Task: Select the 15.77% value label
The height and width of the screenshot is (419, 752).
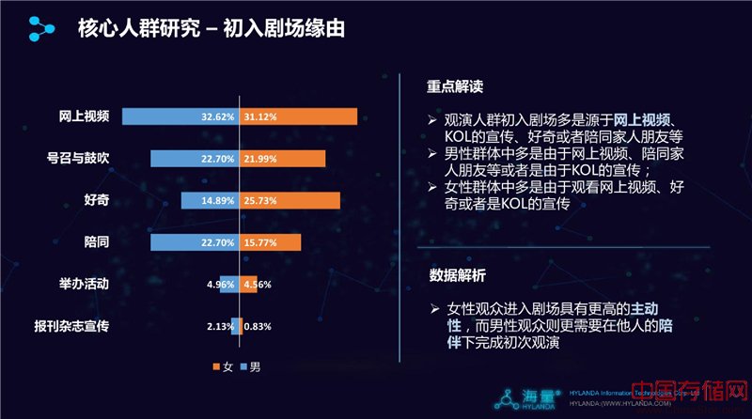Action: pyautogui.click(x=260, y=242)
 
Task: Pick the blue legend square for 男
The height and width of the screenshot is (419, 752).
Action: pyautogui.click(x=243, y=365)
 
